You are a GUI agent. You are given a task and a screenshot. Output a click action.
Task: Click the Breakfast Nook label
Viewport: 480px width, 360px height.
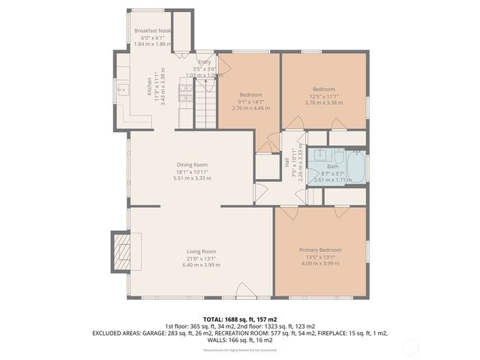click(x=153, y=30)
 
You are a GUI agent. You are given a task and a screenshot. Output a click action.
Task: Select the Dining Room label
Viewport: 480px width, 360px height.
click(x=192, y=164)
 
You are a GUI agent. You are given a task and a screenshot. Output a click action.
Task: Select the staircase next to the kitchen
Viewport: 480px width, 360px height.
click(x=205, y=105)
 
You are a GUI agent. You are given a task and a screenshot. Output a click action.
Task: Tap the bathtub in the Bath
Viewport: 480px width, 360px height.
click(x=355, y=166)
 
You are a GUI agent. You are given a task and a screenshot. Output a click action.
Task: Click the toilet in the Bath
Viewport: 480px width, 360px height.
click(x=335, y=155)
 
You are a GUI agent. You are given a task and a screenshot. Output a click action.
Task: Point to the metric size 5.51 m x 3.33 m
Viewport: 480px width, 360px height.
click(x=192, y=178)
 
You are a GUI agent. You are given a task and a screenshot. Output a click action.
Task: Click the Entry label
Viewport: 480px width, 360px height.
click(x=204, y=62)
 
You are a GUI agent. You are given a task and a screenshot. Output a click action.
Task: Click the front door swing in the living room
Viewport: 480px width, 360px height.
click(x=244, y=290)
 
